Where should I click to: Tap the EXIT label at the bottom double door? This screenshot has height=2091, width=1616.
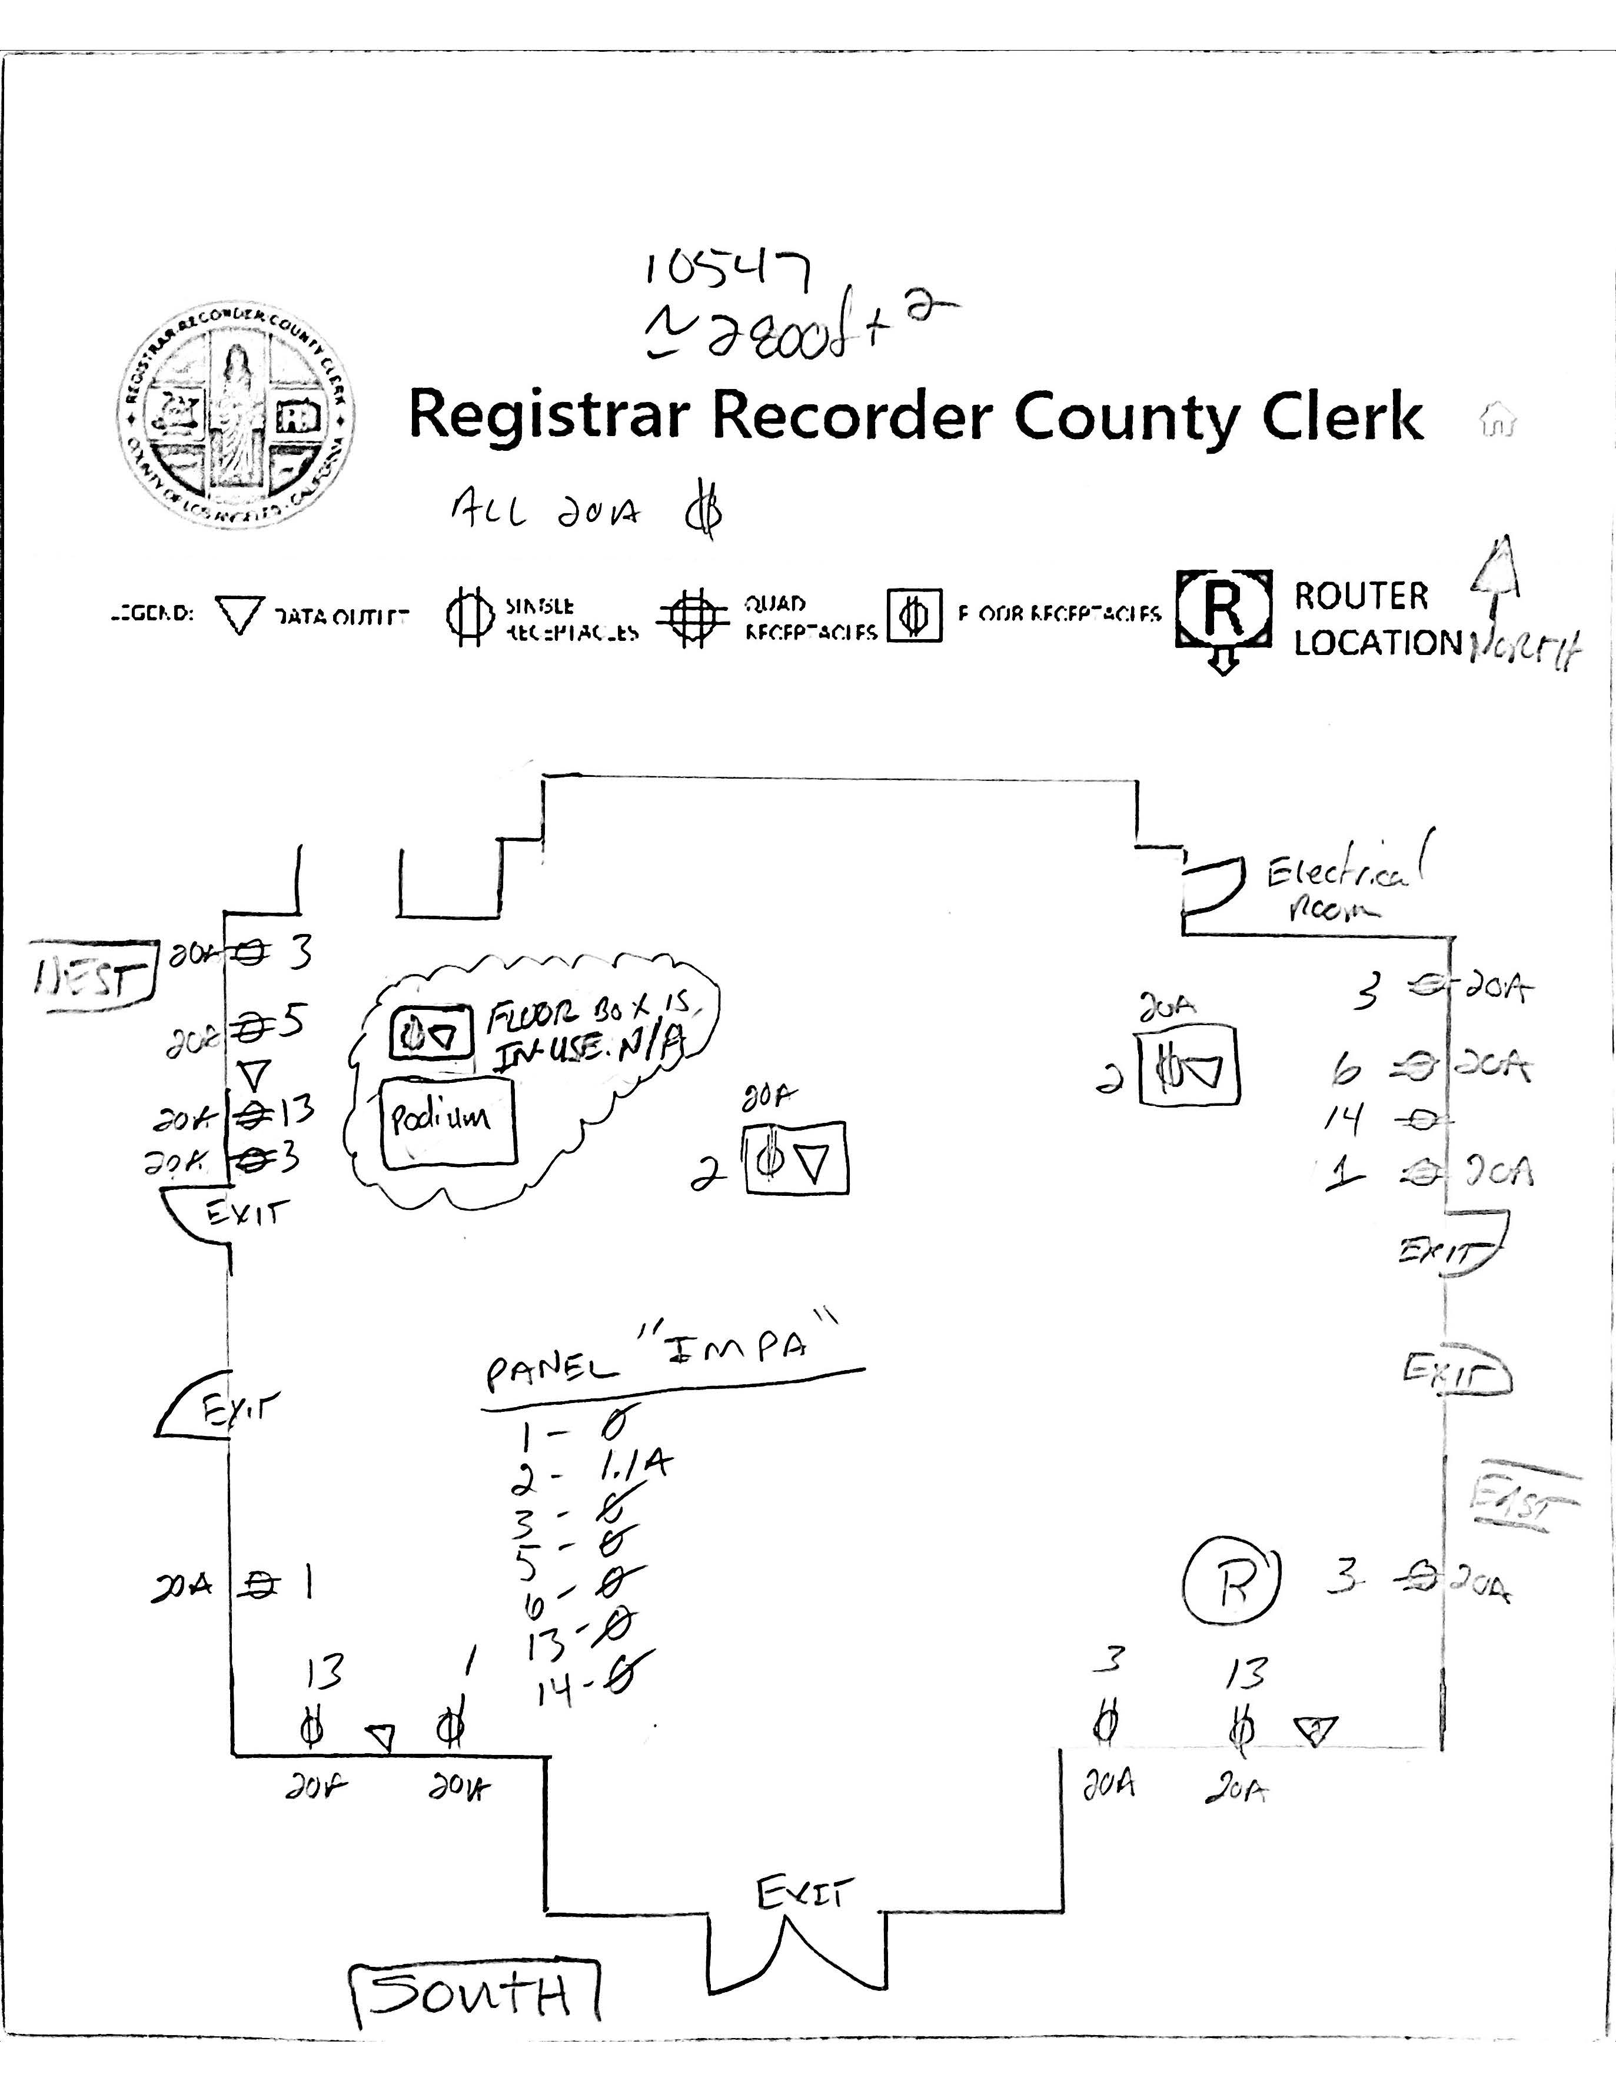[802, 1892]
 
